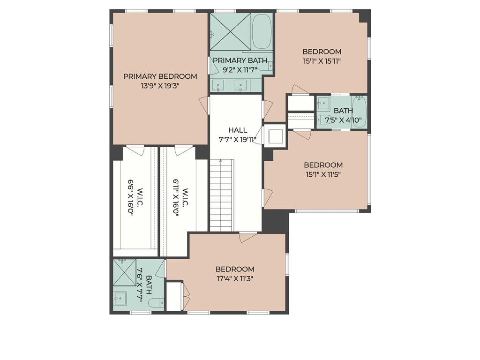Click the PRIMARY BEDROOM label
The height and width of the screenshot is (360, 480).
(x=160, y=76)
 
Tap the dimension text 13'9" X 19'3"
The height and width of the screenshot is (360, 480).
(x=160, y=86)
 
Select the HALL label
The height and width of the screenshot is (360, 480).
(x=238, y=130)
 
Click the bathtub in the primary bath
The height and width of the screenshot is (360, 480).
(x=262, y=31)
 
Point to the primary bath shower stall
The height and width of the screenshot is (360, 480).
(x=231, y=31)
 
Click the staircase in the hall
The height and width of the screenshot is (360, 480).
(x=222, y=195)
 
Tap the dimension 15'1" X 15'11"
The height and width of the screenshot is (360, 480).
(x=322, y=61)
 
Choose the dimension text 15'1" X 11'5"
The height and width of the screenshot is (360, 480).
(x=323, y=174)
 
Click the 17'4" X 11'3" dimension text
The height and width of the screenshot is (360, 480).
(x=235, y=278)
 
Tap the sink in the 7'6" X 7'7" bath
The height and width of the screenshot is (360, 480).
(x=120, y=298)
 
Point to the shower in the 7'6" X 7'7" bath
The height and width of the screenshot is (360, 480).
(x=124, y=272)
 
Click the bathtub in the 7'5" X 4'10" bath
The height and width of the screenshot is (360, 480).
(x=359, y=112)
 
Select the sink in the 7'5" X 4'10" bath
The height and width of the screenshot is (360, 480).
(x=322, y=103)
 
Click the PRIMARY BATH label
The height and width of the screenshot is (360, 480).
(x=240, y=60)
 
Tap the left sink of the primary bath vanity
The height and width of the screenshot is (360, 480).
(x=218, y=85)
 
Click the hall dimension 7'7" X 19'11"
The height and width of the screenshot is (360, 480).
(x=238, y=140)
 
